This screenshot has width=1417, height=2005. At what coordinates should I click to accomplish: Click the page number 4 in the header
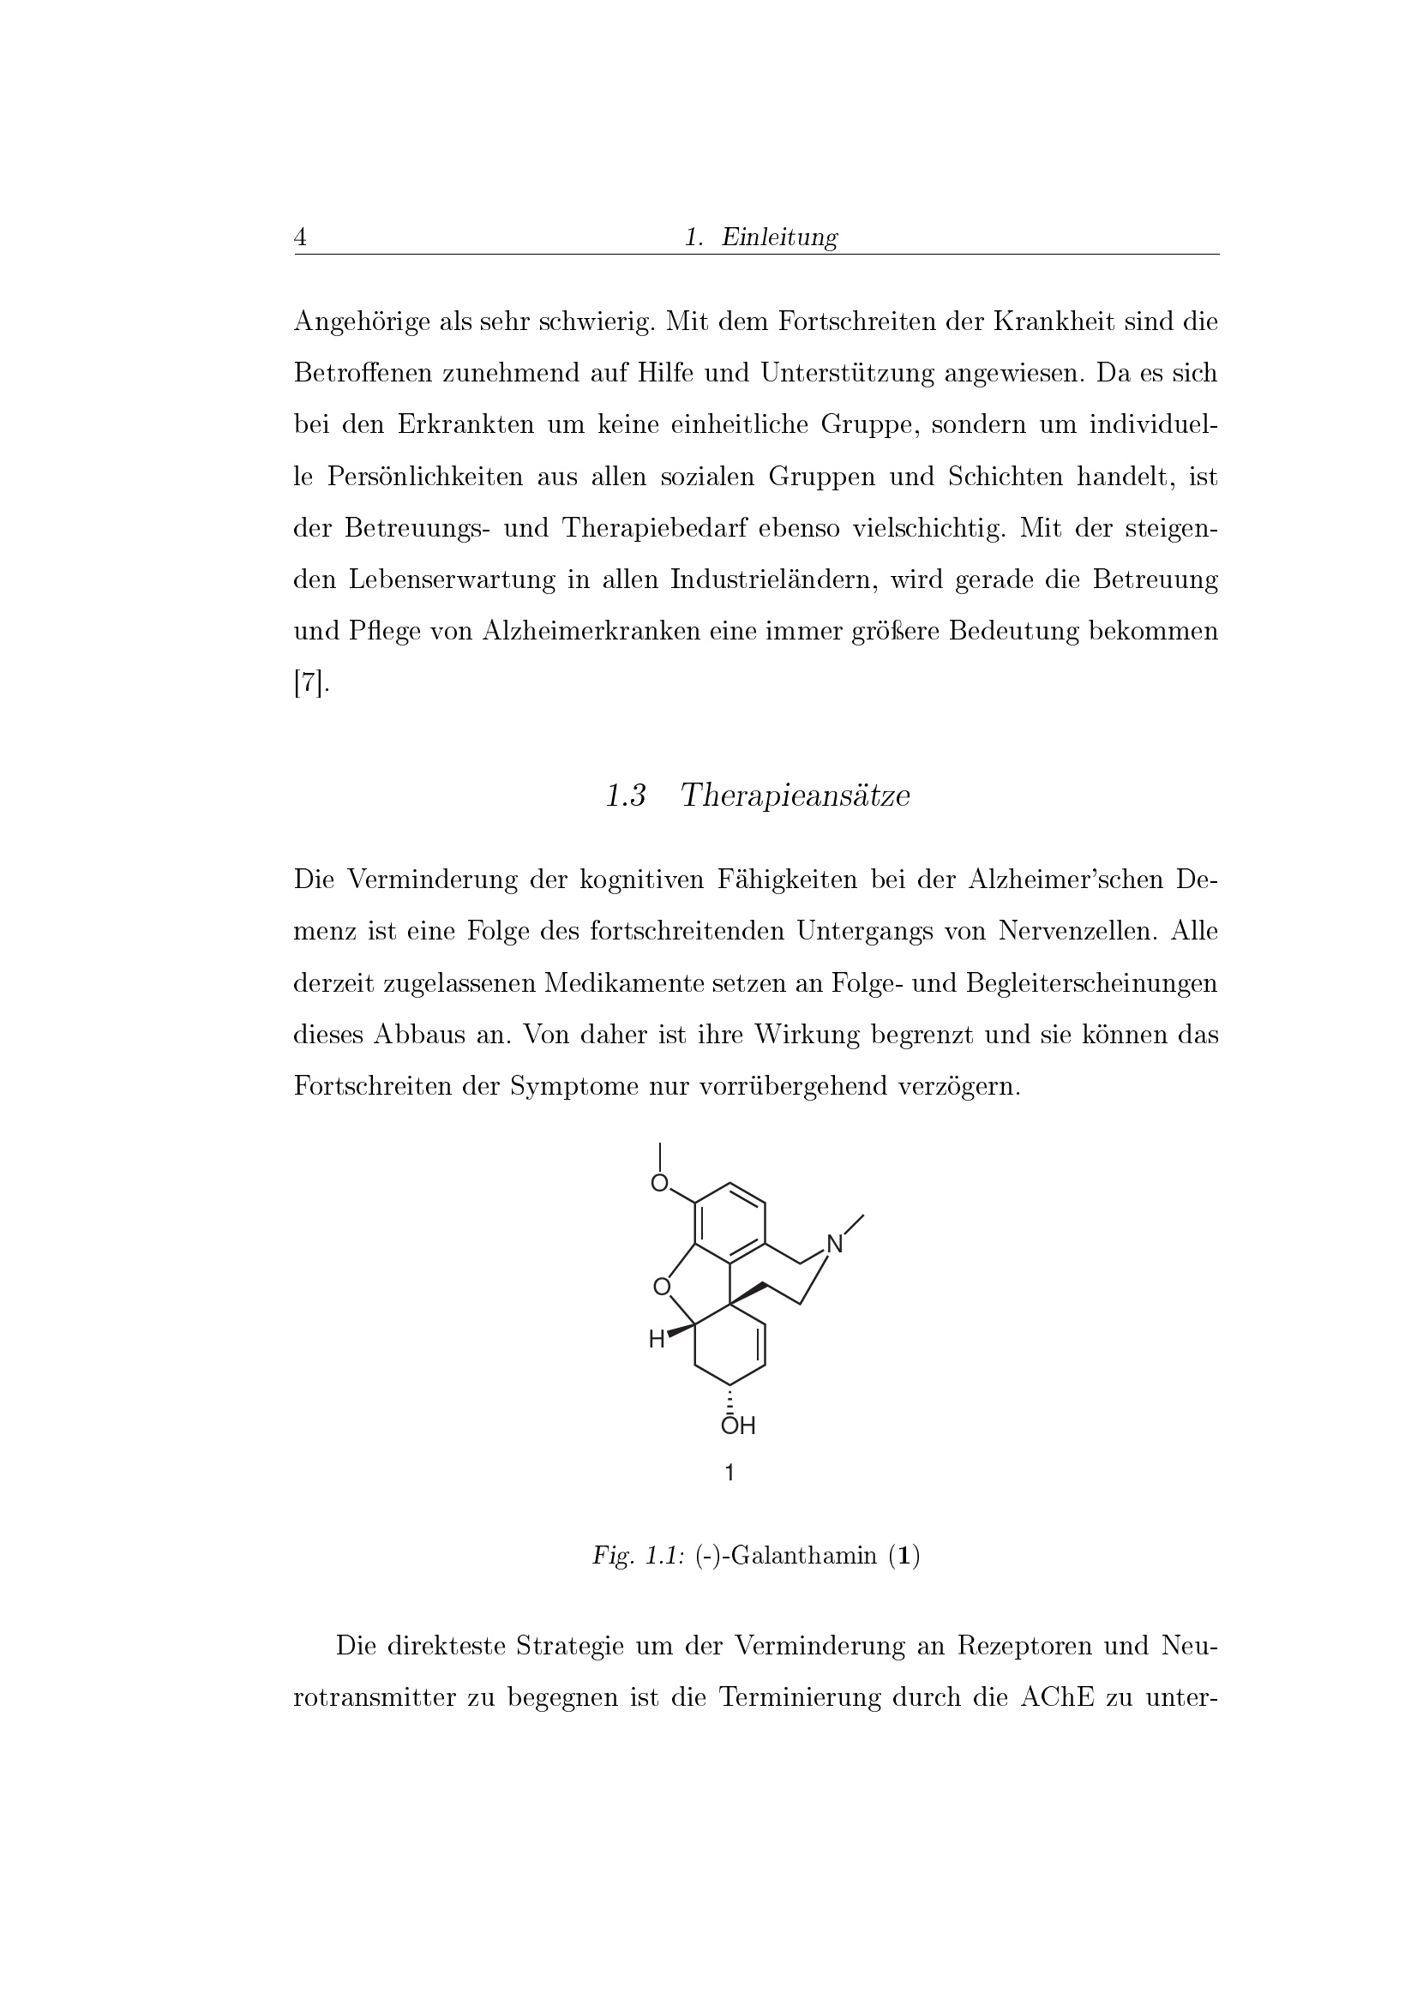tap(300, 237)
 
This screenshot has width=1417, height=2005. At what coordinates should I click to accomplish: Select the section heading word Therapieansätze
tap(795, 795)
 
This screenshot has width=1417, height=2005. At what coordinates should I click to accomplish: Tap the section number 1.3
tap(625, 795)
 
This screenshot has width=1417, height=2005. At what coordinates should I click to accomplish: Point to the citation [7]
tap(311, 683)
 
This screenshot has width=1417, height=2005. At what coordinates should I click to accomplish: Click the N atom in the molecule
tap(835, 1245)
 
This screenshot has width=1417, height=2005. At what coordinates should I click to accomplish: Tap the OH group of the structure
tap(738, 1426)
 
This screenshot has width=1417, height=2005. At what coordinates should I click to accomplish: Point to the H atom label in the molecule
tap(657, 1341)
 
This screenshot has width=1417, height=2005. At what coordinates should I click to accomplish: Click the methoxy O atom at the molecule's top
tap(660, 1183)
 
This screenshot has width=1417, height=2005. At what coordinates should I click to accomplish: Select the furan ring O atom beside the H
tap(662, 1287)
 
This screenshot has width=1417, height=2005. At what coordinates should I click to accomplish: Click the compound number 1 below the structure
tap(730, 1474)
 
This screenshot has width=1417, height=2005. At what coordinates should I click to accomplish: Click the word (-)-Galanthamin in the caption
tap(786, 1556)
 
